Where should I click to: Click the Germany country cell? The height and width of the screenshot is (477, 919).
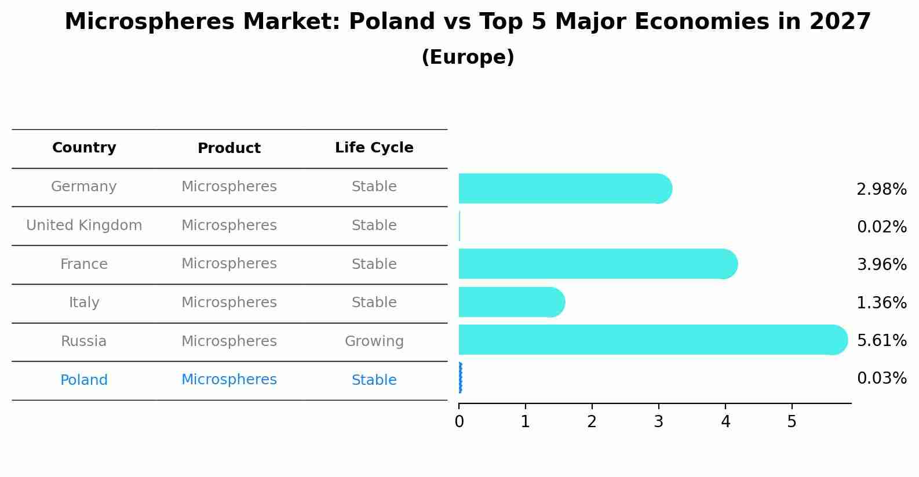[84, 187]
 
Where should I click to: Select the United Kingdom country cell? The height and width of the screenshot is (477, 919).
[84, 225]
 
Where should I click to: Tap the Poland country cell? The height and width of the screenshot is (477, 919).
[84, 380]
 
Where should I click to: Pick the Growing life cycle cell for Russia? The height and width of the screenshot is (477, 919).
[374, 341]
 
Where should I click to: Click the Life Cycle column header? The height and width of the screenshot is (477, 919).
[374, 148]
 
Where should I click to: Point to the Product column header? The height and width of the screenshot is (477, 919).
[229, 148]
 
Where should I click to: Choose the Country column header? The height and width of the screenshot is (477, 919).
[84, 148]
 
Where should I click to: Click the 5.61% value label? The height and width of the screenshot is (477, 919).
[881, 340]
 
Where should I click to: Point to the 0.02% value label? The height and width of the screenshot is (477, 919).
[881, 227]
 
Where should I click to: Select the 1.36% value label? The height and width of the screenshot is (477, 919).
[881, 303]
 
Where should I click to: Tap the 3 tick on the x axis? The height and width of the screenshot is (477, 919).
[658, 422]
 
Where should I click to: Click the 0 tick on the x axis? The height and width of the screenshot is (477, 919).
[459, 422]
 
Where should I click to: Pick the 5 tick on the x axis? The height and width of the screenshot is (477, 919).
[792, 422]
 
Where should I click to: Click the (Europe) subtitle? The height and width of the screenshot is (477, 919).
[468, 57]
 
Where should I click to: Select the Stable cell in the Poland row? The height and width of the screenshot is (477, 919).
[374, 380]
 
